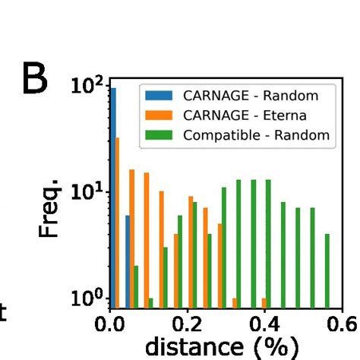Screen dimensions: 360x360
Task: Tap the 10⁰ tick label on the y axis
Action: click(x=90, y=298)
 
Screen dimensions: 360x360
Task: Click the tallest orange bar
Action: click(x=118, y=220)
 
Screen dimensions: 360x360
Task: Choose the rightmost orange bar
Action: click(x=264, y=302)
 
